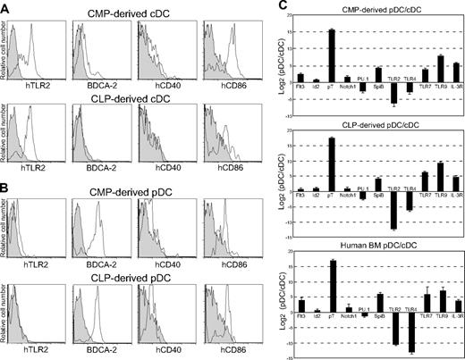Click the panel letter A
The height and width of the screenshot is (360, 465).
point(6,7)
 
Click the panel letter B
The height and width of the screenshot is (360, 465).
point(6,182)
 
